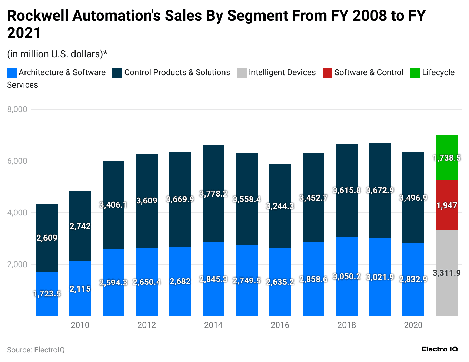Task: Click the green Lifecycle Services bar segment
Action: (x=447, y=158)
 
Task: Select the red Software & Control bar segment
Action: (x=447, y=205)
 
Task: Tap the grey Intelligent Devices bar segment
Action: (x=447, y=273)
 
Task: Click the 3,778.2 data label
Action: (x=213, y=194)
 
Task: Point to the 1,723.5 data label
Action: (x=47, y=294)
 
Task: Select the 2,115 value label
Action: (x=80, y=289)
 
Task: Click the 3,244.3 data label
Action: (x=280, y=206)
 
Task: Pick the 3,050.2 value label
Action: (x=347, y=276)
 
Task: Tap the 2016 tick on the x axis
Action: (x=280, y=325)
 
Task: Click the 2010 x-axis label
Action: (x=80, y=325)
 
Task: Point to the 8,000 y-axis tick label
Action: (x=17, y=109)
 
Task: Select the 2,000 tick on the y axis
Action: (x=17, y=264)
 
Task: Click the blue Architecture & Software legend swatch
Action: (x=12, y=73)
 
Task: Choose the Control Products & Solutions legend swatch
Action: (x=117, y=73)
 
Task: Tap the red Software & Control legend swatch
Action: (x=327, y=73)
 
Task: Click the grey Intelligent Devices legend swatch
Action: (x=242, y=73)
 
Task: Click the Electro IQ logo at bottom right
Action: (x=440, y=349)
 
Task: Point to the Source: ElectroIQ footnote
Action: (x=36, y=350)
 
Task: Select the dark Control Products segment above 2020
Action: (x=413, y=198)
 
